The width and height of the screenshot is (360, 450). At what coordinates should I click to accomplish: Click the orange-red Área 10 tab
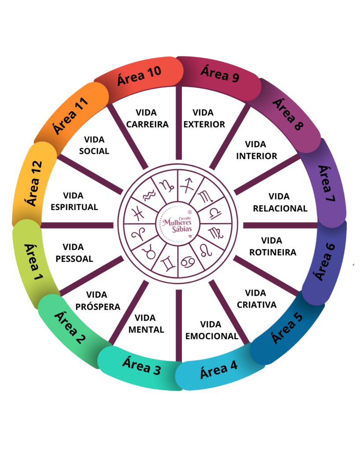tap(139, 75)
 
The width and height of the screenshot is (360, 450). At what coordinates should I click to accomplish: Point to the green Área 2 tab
tap(69, 327)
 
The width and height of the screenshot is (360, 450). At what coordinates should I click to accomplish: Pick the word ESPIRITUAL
tap(74, 207)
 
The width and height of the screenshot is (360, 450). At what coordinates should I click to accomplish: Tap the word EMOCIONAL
tap(211, 336)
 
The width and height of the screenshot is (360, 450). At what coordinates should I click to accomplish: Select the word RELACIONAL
tap(280, 208)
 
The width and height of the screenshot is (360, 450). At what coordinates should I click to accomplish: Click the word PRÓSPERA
tap(98, 307)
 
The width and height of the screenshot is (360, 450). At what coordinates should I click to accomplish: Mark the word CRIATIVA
tap(257, 305)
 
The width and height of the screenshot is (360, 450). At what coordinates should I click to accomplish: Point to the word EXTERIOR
tap(204, 124)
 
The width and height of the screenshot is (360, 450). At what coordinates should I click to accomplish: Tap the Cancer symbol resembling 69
tap(188, 262)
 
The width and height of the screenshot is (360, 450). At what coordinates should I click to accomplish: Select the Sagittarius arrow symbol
tap(189, 184)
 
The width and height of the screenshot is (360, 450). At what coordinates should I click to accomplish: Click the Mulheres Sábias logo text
tap(178, 224)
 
